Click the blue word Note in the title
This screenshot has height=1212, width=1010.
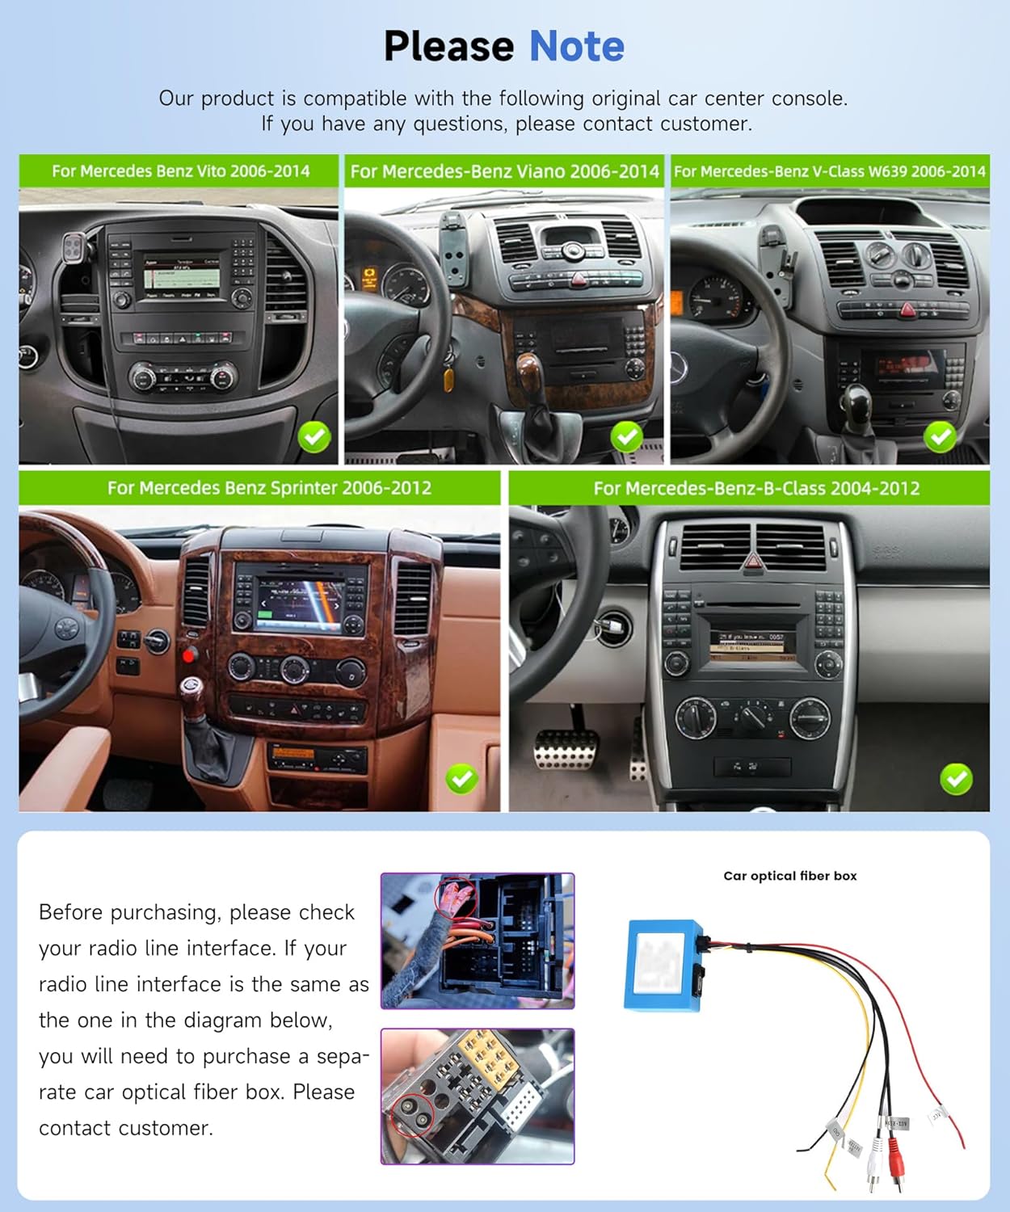point(576,46)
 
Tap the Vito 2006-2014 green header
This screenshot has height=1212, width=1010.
point(179,171)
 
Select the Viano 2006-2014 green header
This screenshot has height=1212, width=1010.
point(504,171)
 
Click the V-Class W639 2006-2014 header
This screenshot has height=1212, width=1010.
point(830,171)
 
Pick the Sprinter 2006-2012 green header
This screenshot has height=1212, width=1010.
point(268,488)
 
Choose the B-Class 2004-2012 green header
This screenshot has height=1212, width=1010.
point(755,488)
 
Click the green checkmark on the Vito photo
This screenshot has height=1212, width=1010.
point(314,437)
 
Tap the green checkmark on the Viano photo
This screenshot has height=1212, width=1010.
point(626,437)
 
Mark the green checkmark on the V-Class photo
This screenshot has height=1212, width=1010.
point(940,437)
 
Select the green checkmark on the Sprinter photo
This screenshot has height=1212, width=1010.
point(461,779)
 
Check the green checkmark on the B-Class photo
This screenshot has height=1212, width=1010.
point(956,779)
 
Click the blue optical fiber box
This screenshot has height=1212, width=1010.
point(661,965)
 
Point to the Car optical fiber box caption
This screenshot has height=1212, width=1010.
point(789,876)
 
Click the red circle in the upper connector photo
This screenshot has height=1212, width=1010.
point(455,896)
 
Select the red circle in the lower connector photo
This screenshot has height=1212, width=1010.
point(413,1116)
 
